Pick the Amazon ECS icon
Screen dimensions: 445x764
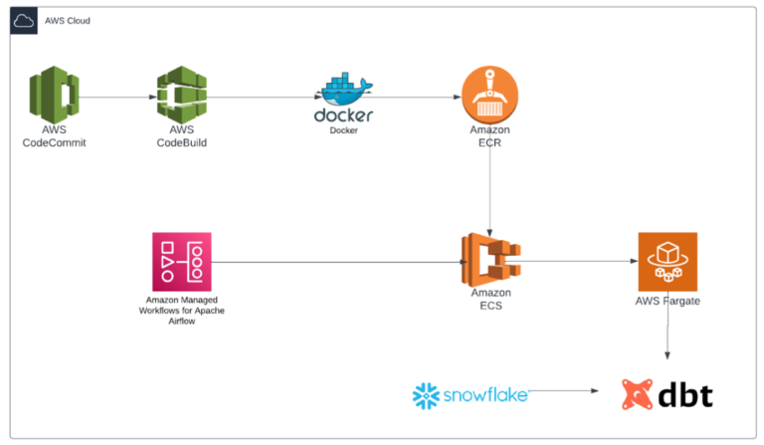tap(490, 261)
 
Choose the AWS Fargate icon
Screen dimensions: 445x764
tap(667, 262)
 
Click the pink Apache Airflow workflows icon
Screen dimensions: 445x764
tap(182, 262)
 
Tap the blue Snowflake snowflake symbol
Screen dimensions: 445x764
tap(427, 396)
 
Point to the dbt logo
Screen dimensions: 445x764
tap(667, 394)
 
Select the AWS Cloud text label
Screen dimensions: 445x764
tap(68, 21)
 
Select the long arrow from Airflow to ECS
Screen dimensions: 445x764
tap(338, 263)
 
